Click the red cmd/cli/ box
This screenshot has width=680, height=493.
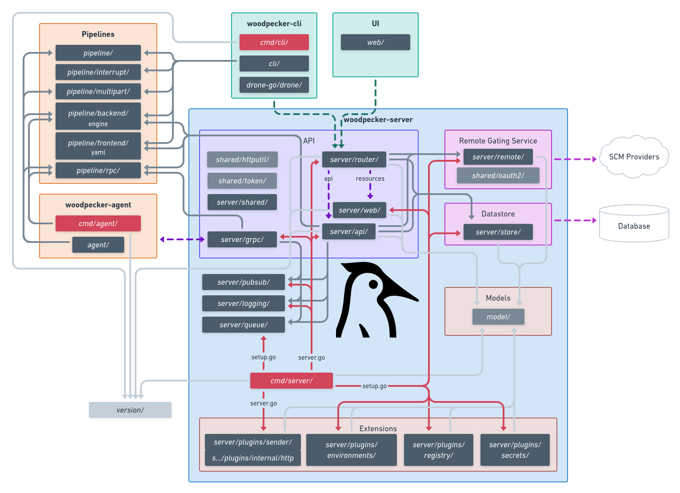click(274, 42)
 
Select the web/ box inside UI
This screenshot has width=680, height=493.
click(375, 42)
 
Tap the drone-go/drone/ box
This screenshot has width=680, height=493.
click(274, 85)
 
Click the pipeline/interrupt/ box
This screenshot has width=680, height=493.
click(98, 72)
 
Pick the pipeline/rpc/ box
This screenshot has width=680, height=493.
click(98, 171)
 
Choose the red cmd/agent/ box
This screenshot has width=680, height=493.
click(98, 223)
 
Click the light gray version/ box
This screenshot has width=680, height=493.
click(130, 410)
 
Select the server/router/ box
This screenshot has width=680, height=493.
click(354, 159)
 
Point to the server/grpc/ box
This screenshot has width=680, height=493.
click(242, 239)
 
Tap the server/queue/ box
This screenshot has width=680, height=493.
click(243, 325)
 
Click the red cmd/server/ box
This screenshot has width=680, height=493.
click(291, 381)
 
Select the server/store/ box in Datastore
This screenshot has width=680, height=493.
click(498, 232)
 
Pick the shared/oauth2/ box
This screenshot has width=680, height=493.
click(498, 175)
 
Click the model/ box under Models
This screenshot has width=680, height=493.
click(498, 317)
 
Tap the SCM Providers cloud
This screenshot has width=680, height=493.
click(634, 157)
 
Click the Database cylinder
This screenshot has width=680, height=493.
click(634, 224)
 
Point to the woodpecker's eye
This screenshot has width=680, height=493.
click(373, 284)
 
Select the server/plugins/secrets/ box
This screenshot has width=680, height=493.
click(515, 450)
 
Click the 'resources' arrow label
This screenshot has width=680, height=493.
click(370, 179)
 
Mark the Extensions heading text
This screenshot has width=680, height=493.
click(378, 429)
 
